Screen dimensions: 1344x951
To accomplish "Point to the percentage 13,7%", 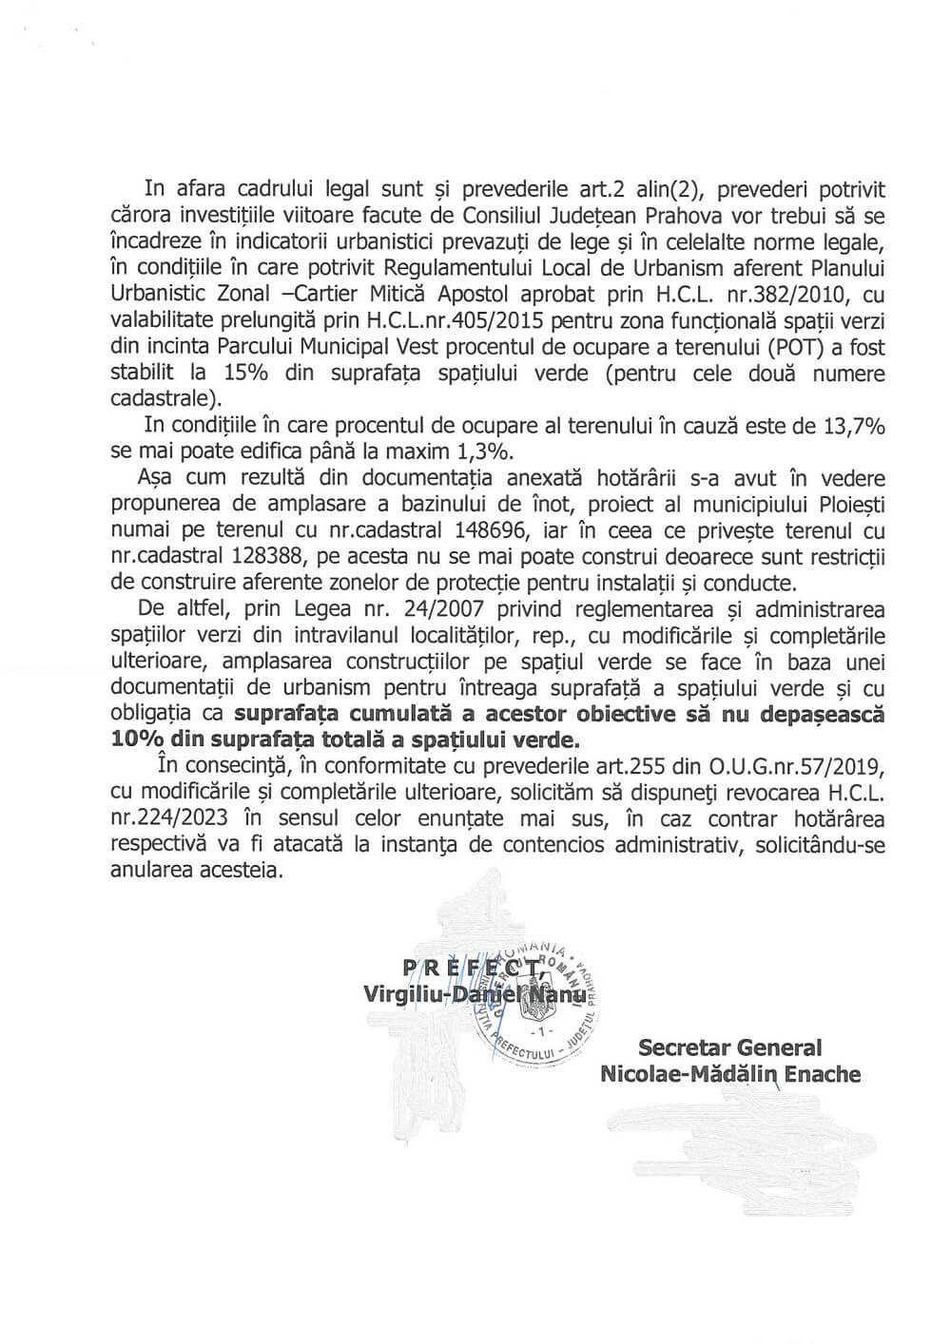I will pyautogui.click(x=851, y=427).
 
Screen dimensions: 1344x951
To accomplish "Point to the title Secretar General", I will pyautogui.click(x=729, y=1048).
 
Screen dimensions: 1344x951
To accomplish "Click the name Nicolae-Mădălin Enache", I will pyautogui.click(x=730, y=1074).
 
